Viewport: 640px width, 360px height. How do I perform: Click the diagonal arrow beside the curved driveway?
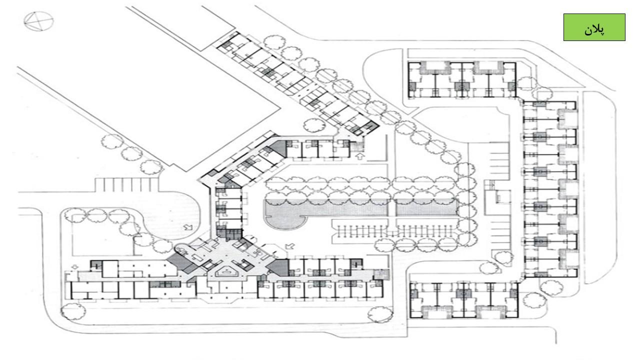[188, 228]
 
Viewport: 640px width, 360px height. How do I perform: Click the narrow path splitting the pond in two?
[392, 206]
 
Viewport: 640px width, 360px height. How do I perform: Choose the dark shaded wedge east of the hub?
[280, 267]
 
